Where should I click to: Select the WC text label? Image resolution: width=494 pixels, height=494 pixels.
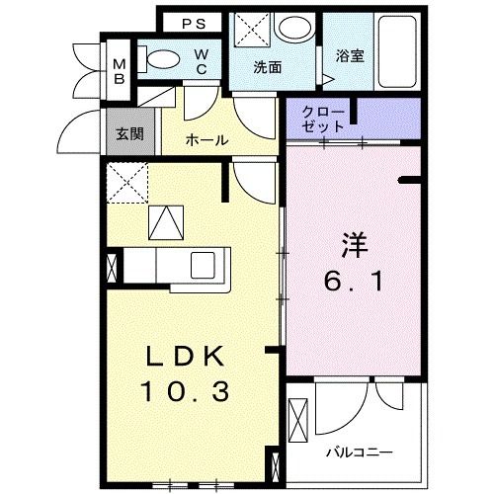[x=201, y=61]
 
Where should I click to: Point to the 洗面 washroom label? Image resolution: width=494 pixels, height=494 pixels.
[x=267, y=68]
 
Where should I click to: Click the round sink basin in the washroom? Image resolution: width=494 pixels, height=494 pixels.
[x=293, y=30]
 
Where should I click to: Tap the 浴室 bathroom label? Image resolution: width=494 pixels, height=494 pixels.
[x=350, y=55]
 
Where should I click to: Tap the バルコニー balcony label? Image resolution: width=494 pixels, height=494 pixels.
[x=360, y=453]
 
